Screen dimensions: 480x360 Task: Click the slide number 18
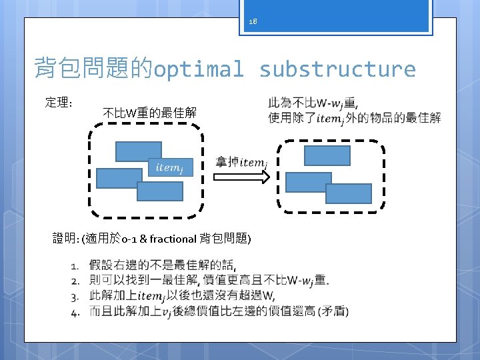click(252, 21)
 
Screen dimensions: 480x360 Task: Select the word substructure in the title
click(337, 69)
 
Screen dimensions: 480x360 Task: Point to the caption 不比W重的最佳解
click(150, 113)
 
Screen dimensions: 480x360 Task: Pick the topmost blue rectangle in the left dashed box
click(138, 151)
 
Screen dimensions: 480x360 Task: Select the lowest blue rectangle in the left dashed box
click(159, 191)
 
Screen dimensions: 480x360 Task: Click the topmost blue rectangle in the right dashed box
click(327, 155)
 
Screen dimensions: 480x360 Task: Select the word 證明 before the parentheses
click(65, 239)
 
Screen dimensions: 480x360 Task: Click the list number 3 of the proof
click(76, 296)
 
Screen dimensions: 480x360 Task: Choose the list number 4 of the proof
click(76, 311)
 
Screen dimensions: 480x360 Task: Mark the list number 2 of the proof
click(76, 281)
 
